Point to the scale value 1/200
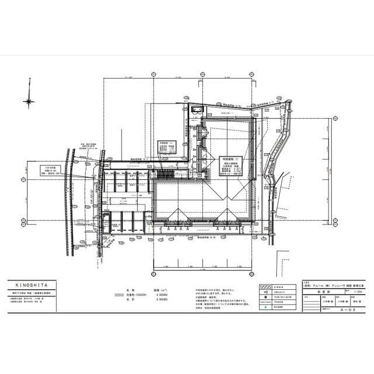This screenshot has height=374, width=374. point(350,290)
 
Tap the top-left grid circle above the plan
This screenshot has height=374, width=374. point(154,75)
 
